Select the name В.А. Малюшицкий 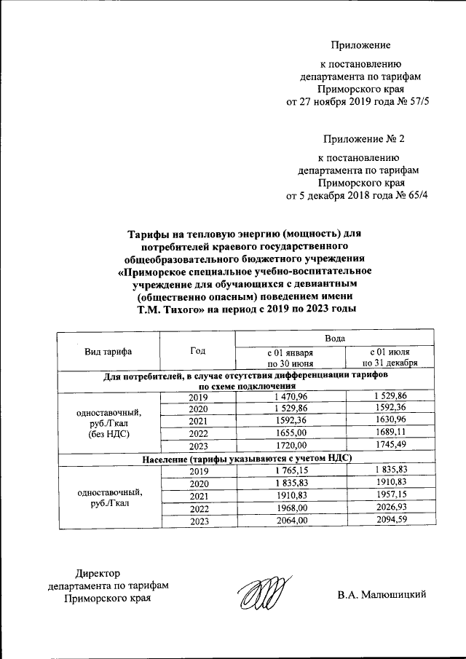(x=381, y=595)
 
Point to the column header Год (x=197, y=350)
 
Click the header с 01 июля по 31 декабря (x=390, y=357)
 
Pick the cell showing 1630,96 (x=390, y=420)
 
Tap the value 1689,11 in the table (x=390, y=432)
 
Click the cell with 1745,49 (x=390, y=445)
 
